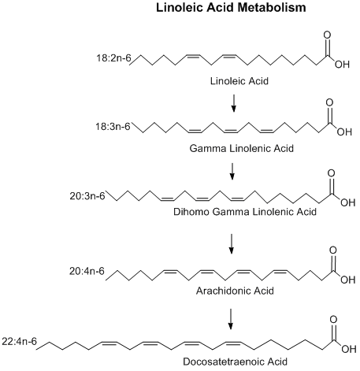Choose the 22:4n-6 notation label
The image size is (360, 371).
[20, 343]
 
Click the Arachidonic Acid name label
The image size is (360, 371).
[232, 288]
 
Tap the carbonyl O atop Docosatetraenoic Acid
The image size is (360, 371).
[334, 321]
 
